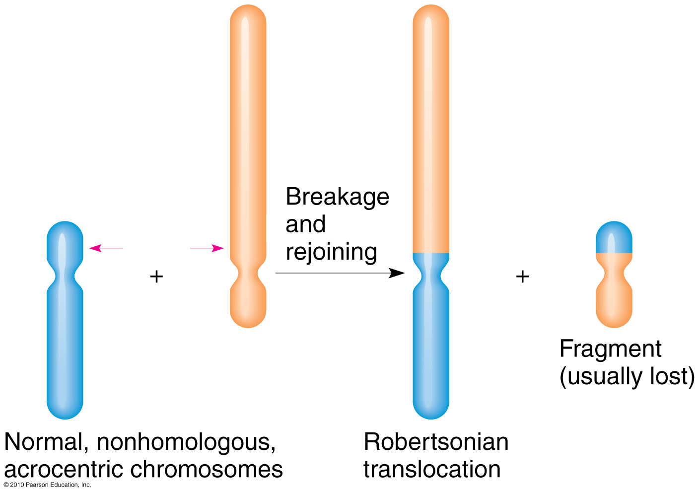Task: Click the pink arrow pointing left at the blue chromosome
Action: click(106, 248)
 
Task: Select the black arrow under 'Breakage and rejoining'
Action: click(340, 273)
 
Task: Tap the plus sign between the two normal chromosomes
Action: click(156, 276)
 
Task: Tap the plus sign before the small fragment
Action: click(522, 276)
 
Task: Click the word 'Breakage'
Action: click(337, 197)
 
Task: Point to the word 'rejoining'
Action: click(331, 252)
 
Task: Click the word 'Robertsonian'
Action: click(436, 441)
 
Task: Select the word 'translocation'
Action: click(432, 469)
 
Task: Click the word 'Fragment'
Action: click(610, 349)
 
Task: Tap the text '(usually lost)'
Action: click(627, 376)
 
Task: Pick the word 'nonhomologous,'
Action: click(186, 441)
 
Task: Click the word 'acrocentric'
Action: click(64, 469)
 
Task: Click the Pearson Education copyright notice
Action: click(47, 485)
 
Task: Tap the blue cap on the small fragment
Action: click(614, 237)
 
